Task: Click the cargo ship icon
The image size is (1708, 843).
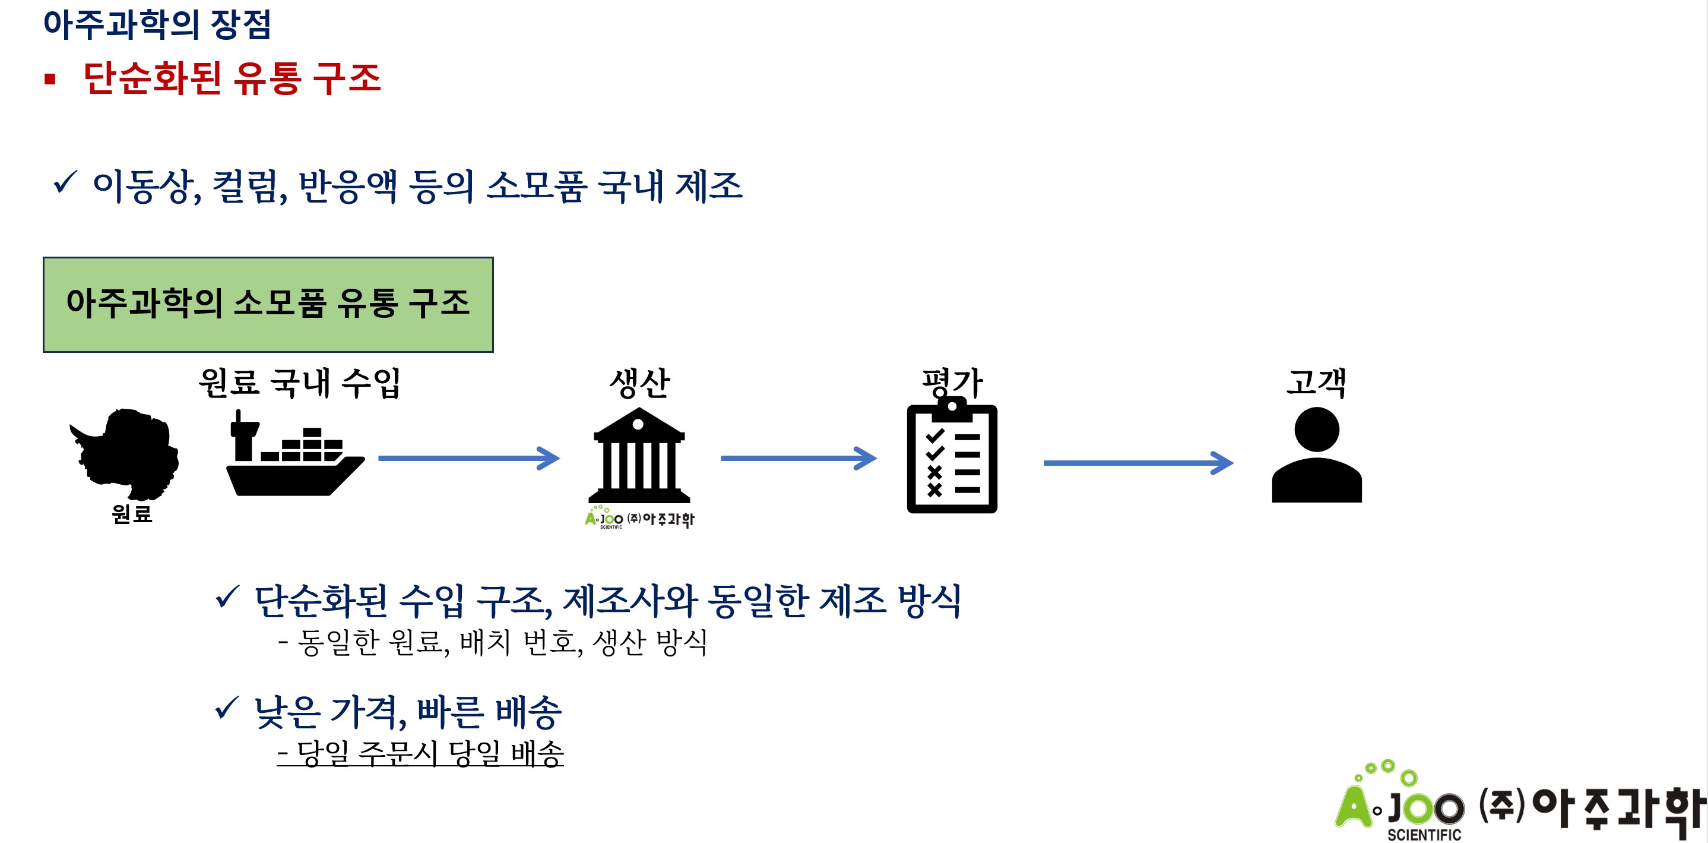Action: click(x=294, y=457)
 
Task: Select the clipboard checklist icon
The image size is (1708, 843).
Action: click(x=952, y=457)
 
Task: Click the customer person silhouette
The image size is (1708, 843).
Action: click(x=1316, y=456)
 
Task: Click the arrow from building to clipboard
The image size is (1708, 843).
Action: click(x=798, y=458)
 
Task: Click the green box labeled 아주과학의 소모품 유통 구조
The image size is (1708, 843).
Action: click(x=268, y=304)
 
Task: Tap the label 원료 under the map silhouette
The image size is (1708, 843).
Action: click(x=132, y=514)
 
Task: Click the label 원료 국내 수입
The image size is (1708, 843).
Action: click(x=300, y=383)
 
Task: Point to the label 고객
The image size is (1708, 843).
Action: click(x=1316, y=383)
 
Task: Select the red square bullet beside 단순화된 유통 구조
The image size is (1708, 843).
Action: click(x=50, y=80)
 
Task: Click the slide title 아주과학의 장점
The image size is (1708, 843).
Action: click(x=157, y=24)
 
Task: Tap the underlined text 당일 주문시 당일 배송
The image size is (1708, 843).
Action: click(x=420, y=753)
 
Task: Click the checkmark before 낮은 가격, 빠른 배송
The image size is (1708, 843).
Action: click(x=226, y=708)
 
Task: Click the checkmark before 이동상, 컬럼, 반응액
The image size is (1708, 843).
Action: click(x=65, y=182)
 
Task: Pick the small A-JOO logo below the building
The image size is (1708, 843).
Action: click(x=639, y=518)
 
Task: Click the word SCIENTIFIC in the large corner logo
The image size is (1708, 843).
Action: click(x=1424, y=834)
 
